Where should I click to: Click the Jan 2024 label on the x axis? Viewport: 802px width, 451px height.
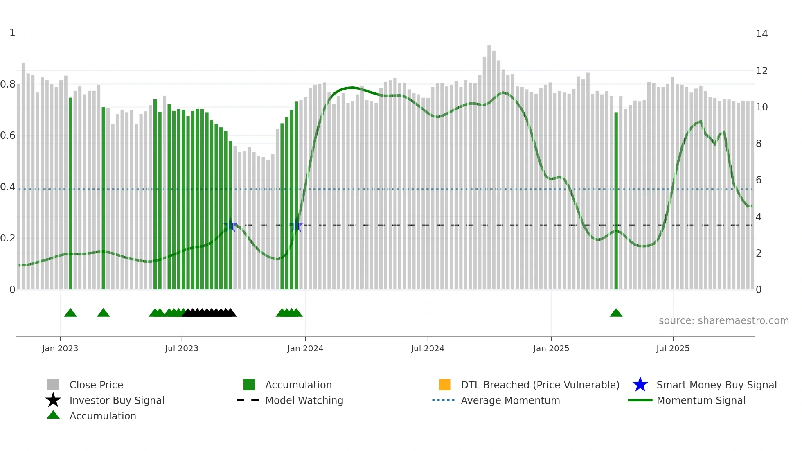[305, 348]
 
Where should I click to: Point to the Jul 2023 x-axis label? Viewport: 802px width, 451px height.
[182, 348]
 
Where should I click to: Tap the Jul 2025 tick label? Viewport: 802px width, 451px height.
[673, 348]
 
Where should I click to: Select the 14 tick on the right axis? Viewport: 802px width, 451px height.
[761, 34]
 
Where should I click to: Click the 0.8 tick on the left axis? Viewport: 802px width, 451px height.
[8, 84]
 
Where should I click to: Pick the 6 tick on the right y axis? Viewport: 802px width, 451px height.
[759, 180]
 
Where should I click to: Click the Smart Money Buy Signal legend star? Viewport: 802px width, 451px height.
[640, 385]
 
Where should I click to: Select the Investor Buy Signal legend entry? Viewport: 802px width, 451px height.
[117, 400]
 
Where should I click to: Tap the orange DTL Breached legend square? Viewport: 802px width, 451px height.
[444, 385]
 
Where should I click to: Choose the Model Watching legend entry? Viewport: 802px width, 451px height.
[304, 400]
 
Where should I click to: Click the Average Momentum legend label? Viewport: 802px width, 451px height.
[510, 400]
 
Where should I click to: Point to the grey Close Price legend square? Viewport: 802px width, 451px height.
[53, 385]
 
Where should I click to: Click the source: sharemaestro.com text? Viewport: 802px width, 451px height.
[723, 320]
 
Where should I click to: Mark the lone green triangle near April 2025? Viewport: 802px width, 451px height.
[616, 313]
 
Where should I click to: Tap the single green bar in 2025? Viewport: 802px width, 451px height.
[616, 201]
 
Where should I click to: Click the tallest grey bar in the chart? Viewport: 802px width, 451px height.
[489, 168]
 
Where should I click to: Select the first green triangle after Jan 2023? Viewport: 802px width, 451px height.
[70, 313]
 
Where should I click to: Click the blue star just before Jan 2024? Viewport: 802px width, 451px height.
[296, 226]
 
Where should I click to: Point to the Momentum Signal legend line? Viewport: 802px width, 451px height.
[640, 400]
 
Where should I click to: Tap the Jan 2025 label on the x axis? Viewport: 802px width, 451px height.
[551, 348]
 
